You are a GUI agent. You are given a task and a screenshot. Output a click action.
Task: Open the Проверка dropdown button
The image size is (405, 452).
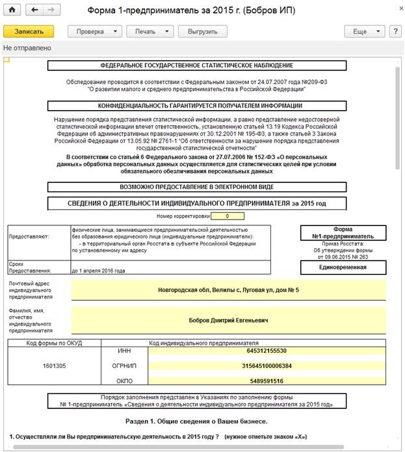click(x=94, y=31)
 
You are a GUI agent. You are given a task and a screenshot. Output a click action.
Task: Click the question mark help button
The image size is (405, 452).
click(x=394, y=31)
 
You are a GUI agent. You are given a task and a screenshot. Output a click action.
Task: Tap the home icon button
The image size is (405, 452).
click(x=12, y=11)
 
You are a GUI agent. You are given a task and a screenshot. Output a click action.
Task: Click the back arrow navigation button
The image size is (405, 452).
click(x=35, y=11)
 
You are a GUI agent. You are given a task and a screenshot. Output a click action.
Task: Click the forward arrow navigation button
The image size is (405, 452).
click(x=51, y=11)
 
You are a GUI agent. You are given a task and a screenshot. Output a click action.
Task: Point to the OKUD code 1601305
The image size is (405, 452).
click(x=54, y=366)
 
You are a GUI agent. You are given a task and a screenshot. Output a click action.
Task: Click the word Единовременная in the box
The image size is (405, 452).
click(x=343, y=267)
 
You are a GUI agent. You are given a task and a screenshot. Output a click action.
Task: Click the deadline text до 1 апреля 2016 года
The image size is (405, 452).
click(x=98, y=270)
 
